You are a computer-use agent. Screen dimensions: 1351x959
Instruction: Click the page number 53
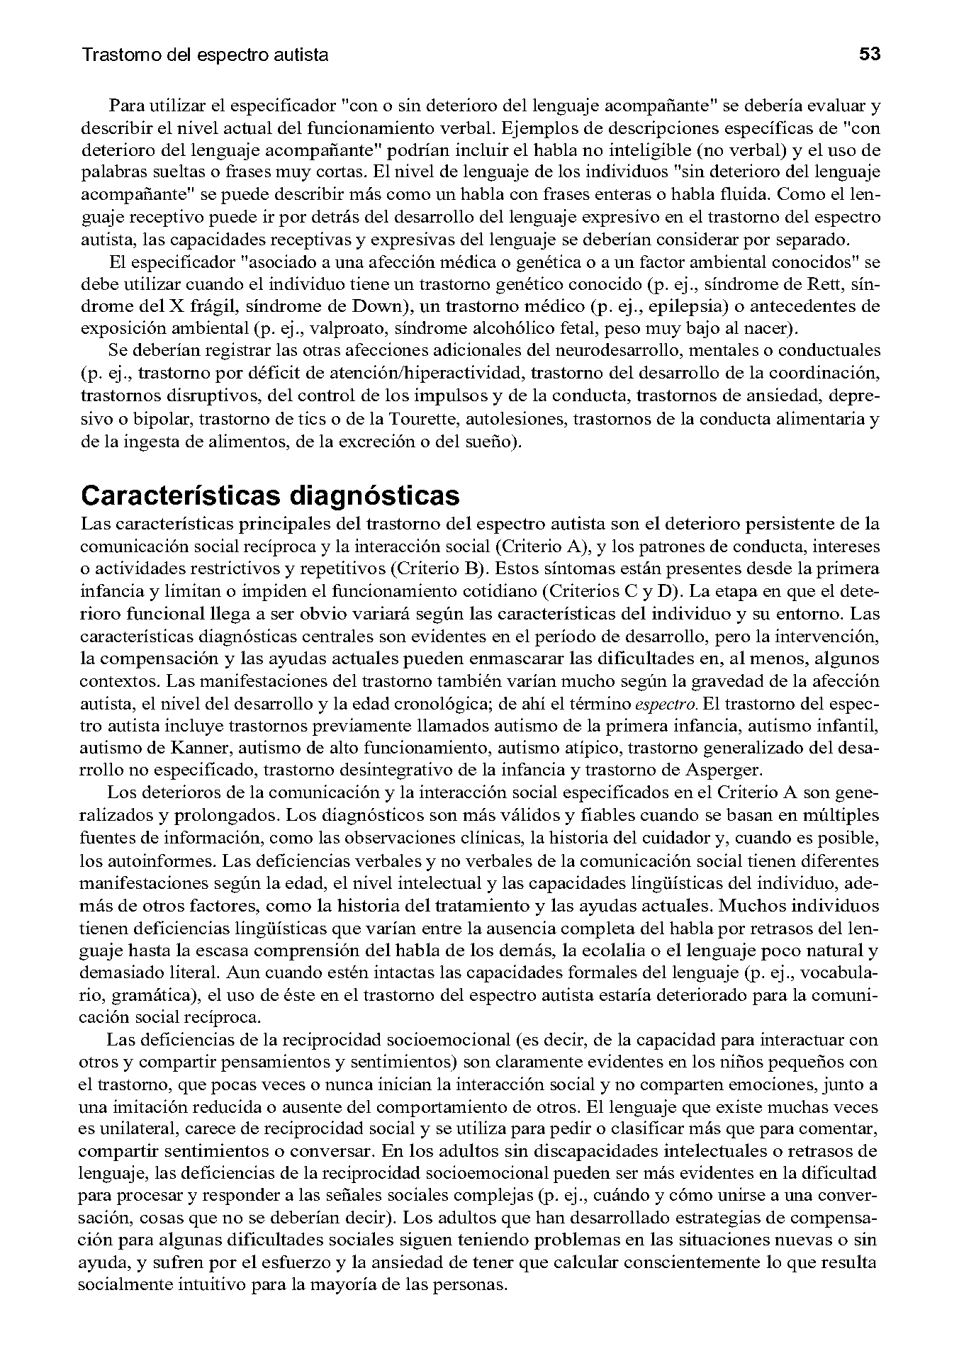pos(869,54)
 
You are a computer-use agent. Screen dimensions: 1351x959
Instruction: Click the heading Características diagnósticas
pos(270,495)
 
